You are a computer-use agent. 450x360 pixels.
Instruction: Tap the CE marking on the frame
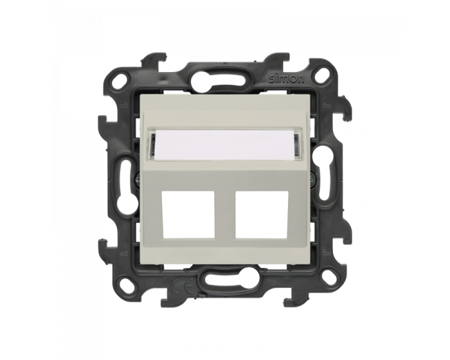(x=183, y=286)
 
